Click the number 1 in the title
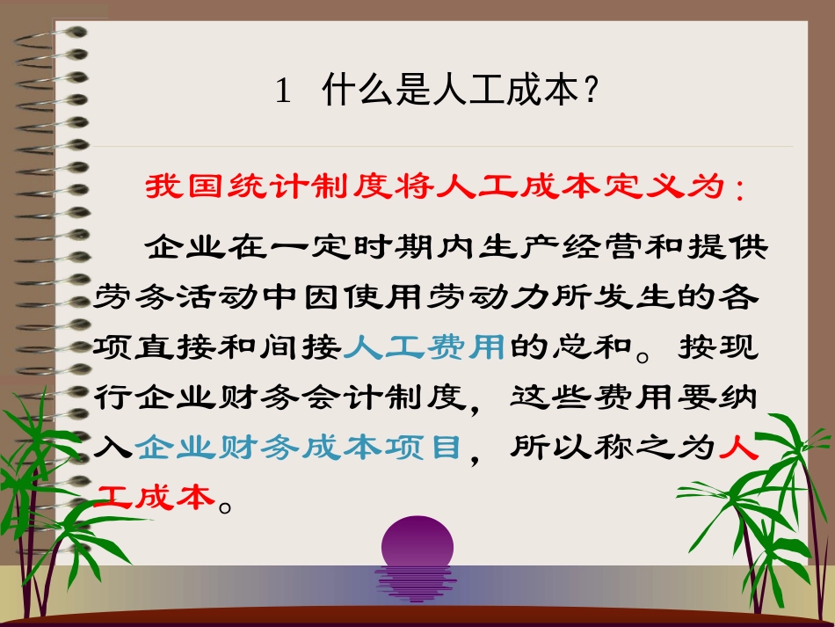pyautogui.click(x=283, y=92)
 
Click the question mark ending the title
pyautogui.click(x=591, y=92)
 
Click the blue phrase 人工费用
pyautogui.click(x=425, y=348)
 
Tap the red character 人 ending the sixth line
pyautogui.click(x=739, y=448)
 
